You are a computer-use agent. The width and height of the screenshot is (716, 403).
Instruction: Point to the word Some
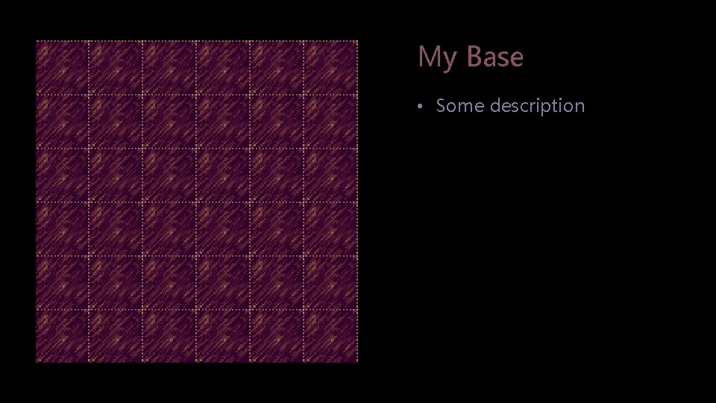click(x=459, y=106)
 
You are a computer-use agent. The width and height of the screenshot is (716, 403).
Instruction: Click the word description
click(x=537, y=107)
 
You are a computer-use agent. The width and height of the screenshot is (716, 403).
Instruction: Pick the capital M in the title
click(x=428, y=57)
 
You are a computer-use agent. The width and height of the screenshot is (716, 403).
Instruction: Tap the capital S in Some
click(x=442, y=106)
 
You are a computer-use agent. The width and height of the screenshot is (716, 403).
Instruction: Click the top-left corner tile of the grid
click(x=63, y=68)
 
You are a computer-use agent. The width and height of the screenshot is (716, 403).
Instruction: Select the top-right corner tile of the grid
click(x=331, y=68)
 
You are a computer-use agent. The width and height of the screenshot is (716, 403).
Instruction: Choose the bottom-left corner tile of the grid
click(x=63, y=335)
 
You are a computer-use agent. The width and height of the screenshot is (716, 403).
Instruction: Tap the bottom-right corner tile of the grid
click(x=331, y=335)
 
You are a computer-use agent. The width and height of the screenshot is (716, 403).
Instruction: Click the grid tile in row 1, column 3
click(x=170, y=68)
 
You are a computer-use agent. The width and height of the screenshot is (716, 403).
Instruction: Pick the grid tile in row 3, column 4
click(x=224, y=175)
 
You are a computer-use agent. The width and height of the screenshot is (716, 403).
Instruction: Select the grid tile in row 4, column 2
click(x=116, y=229)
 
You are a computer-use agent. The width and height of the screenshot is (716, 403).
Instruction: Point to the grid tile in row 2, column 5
click(x=277, y=122)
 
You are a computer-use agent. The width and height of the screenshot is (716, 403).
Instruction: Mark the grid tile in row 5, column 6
click(x=331, y=283)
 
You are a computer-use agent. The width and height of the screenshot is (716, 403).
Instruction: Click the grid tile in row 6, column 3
click(x=170, y=335)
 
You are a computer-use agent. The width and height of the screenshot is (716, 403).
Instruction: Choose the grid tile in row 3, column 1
click(x=63, y=175)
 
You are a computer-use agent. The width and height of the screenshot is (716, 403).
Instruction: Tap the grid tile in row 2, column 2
click(x=116, y=122)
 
